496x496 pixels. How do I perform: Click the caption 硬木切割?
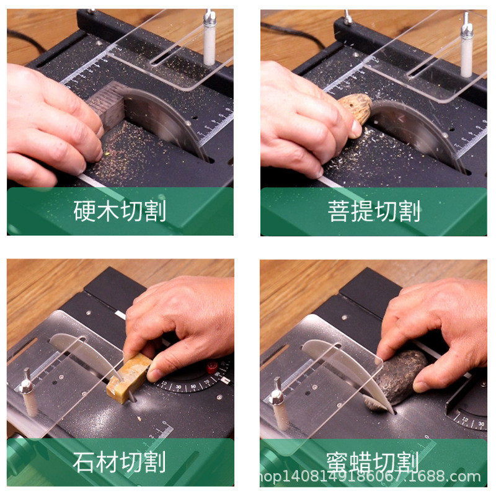click(x=120, y=211)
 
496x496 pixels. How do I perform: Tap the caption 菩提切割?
click(x=374, y=211)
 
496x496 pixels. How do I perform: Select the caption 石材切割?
click(x=120, y=462)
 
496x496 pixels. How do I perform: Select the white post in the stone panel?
click(x=29, y=397)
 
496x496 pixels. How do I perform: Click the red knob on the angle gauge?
click(x=213, y=367)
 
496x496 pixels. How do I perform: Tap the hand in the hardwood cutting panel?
click(x=50, y=124)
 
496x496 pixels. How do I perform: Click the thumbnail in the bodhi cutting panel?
click(x=355, y=129)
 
